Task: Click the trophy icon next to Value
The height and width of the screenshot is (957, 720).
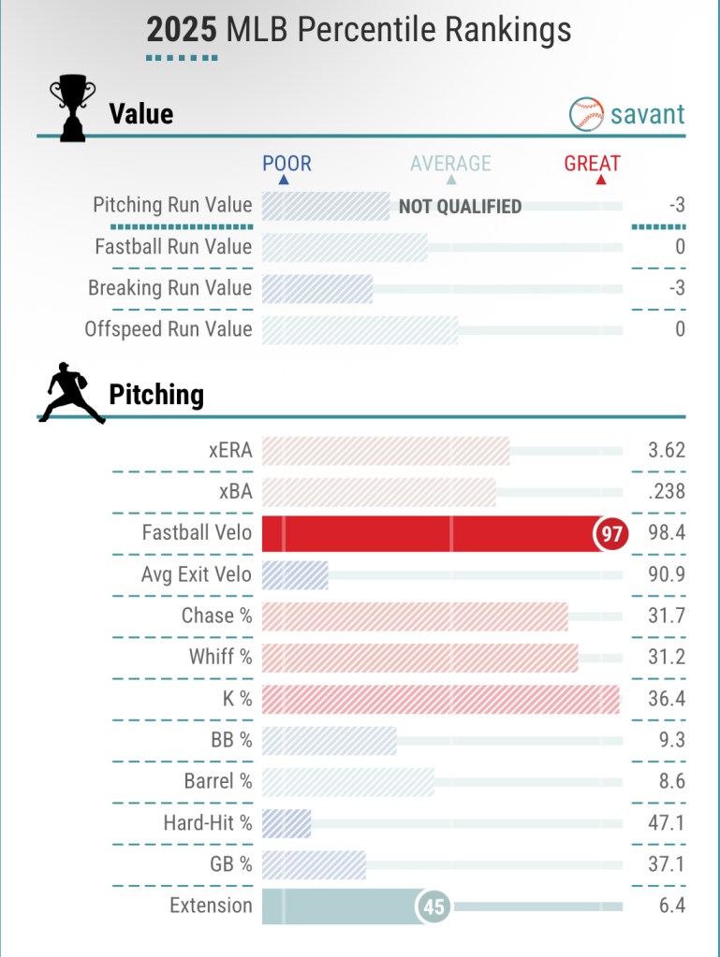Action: pos(72,109)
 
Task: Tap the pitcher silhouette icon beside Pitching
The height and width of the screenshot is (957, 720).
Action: pos(71,393)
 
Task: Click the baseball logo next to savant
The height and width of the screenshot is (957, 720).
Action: pos(586,114)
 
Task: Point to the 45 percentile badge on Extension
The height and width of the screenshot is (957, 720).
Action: pos(433,906)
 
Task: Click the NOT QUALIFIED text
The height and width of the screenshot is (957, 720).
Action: pos(460,207)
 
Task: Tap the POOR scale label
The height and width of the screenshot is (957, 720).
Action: pos(287,164)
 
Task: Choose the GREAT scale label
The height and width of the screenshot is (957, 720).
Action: pos(592,164)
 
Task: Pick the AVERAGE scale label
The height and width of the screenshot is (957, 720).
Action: pos(450,164)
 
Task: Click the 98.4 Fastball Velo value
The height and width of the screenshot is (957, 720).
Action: pos(667,533)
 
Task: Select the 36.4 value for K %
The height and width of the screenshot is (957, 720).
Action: pos(667,699)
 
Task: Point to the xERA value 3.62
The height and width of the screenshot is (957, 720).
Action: pos(667,450)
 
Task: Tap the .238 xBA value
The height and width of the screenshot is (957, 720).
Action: pos(667,492)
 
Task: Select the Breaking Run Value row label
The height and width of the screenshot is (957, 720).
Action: pos(169,288)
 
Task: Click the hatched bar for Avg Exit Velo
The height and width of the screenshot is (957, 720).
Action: pos(295,574)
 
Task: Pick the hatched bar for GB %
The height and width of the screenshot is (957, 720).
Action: pos(314,864)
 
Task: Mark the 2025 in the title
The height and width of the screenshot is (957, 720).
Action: pos(182,30)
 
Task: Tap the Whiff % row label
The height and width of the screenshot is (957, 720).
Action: pos(220,657)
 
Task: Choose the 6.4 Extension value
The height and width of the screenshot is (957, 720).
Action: pos(672,906)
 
